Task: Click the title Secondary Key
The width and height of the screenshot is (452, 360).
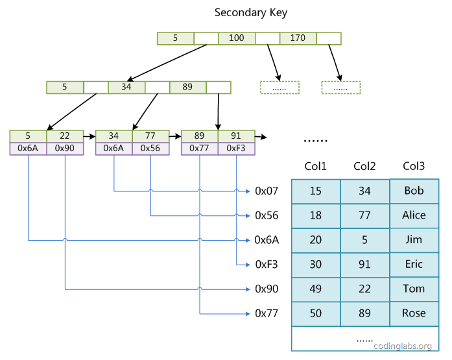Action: pos(250,12)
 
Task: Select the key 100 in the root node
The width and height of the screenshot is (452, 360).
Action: pos(237,38)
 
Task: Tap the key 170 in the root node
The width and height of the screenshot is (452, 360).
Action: pos(298,38)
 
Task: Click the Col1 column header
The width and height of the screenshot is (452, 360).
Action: pos(315,167)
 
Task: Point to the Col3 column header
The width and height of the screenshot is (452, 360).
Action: pos(414,167)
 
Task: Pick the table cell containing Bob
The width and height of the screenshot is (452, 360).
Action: pos(414,191)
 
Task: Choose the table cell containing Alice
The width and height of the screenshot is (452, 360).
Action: pos(414,215)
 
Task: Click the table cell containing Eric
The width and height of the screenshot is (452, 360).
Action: pos(414,265)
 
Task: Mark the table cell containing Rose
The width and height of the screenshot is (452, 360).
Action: pos(414,313)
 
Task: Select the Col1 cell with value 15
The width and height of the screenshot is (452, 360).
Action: pos(316,191)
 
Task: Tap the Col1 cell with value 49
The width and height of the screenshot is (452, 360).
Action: pos(316,289)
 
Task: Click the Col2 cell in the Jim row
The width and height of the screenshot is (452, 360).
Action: pos(364,240)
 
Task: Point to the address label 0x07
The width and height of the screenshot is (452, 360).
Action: pos(267,191)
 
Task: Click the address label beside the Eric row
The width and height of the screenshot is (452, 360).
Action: pos(267,265)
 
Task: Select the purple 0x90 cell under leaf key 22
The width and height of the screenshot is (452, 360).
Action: pos(65,149)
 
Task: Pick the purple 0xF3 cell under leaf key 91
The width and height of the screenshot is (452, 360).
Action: pos(236,149)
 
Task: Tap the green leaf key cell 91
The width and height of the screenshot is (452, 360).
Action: pos(236,136)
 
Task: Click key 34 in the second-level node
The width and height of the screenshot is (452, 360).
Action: pos(126,87)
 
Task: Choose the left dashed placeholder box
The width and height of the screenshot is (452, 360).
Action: pos(280,88)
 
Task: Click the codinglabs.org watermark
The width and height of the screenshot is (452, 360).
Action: pos(404,346)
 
